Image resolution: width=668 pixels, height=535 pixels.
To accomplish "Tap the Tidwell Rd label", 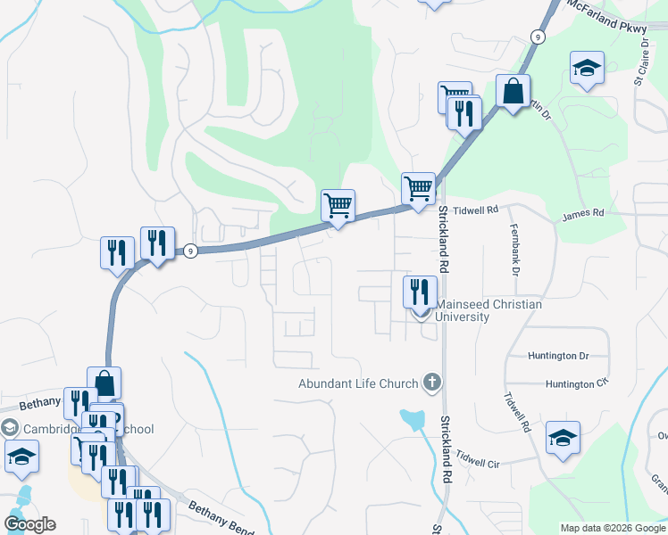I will (474, 210).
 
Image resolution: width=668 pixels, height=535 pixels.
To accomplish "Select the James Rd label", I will (583, 214).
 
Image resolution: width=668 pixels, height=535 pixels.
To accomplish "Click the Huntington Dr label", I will (558, 356).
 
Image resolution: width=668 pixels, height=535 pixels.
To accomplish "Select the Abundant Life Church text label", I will (358, 383).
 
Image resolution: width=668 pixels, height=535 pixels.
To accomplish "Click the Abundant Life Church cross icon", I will (431, 383).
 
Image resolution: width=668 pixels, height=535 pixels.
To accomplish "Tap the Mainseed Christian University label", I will (488, 310).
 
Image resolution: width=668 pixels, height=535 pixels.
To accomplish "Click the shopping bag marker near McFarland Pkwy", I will (514, 92).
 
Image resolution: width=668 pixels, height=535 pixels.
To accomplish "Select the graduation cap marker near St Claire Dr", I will (587, 69).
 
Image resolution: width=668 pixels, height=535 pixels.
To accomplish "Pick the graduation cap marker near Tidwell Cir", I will (564, 438).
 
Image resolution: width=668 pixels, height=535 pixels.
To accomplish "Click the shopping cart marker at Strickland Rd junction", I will (418, 189).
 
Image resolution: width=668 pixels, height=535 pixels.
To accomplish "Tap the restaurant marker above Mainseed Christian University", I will (417, 290).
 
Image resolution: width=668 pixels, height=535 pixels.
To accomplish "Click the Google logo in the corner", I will (29, 524).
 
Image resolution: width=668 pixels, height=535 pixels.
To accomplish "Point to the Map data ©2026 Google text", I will (613, 528).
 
